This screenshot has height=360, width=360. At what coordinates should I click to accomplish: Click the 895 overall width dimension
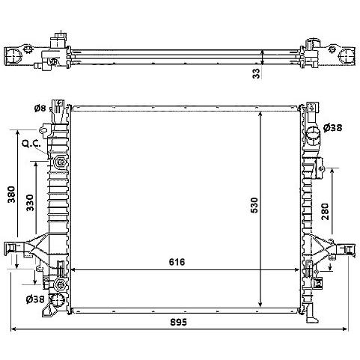pyautogui.click(x=178, y=322)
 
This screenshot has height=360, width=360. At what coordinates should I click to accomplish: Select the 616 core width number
pyautogui.click(x=177, y=262)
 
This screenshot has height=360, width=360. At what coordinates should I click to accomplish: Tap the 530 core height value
pyautogui.click(x=254, y=205)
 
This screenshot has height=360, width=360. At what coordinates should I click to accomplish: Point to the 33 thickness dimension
pyautogui.click(x=257, y=73)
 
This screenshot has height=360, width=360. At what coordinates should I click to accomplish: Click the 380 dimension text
pyautogui.click(x=11, y=195)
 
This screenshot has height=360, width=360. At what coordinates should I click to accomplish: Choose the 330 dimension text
pyautogui.click(x=30, y=203)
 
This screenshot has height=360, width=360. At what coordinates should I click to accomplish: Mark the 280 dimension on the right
pyautogui.click(x=325, y=212)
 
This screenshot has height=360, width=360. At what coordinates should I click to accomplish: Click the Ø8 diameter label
pyautogui.click(x=40, y=109)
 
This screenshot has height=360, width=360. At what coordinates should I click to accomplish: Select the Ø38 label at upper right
pyautogui.click(x=332, y=128)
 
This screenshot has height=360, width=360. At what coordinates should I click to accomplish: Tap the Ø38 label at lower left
pyautogui.click(x=35, y=299)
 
